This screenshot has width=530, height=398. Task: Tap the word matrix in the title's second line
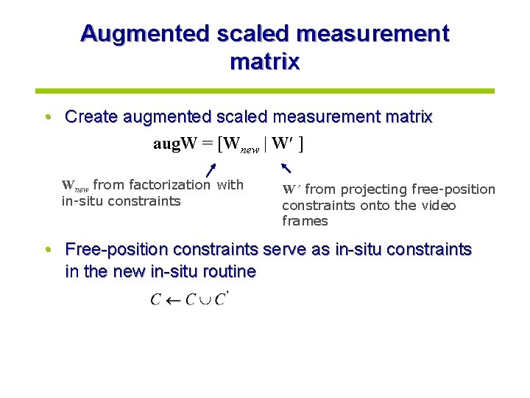[x=264, y=61]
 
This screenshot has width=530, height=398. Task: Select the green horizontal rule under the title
[x=265, y=91]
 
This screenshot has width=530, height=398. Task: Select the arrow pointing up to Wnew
[x=210, y=171]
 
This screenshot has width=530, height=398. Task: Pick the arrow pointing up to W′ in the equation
[x=286, y=168]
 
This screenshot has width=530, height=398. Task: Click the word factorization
[x=169, y=185]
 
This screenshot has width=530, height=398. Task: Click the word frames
[x=305, y=221]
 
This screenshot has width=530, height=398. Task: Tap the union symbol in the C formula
[x=205, y=300]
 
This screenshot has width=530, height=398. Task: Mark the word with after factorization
[x=230, y=185]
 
